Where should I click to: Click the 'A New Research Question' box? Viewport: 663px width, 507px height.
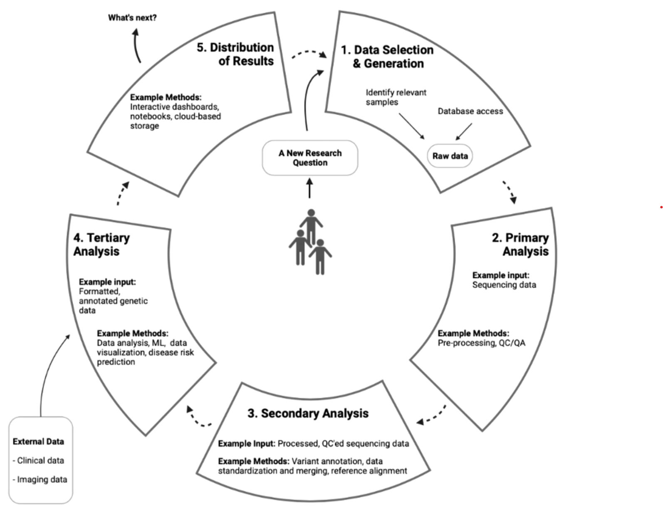(x=310, y=158)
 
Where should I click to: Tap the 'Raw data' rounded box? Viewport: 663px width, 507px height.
(x=450, y=156)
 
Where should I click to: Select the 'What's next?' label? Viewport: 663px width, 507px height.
(x=132, y=18)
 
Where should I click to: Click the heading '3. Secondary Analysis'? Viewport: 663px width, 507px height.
(x=308, y=413)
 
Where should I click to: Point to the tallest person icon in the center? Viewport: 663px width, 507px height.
(x=311, y=225)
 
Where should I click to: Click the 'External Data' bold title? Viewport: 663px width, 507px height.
(x=38, y=442)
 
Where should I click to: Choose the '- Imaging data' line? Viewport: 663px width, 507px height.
(x=40, y=480)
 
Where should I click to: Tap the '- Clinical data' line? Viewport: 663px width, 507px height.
(x=38, y=460)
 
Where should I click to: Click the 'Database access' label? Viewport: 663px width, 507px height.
(x=470, y=111)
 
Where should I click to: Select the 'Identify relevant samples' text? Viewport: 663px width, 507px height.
(x=396, y=97)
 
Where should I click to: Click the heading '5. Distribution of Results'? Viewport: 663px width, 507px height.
(x=235, y=54)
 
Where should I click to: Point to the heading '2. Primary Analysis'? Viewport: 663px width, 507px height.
(x=521, y=245)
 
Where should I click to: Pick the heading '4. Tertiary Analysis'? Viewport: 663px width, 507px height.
(x=101, y=245)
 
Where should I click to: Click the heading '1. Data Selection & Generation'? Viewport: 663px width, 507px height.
(x=388, y=57)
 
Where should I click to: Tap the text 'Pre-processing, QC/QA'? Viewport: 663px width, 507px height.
(x=481, y=343)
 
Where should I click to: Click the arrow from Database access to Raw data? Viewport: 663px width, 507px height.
(x=464, y=131)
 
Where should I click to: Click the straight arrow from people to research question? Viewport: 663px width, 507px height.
(x=309, y=188)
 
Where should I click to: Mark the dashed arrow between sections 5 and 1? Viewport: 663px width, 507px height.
(x=309, y=53)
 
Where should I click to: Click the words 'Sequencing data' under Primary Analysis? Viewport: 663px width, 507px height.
(x=504, y=285)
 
